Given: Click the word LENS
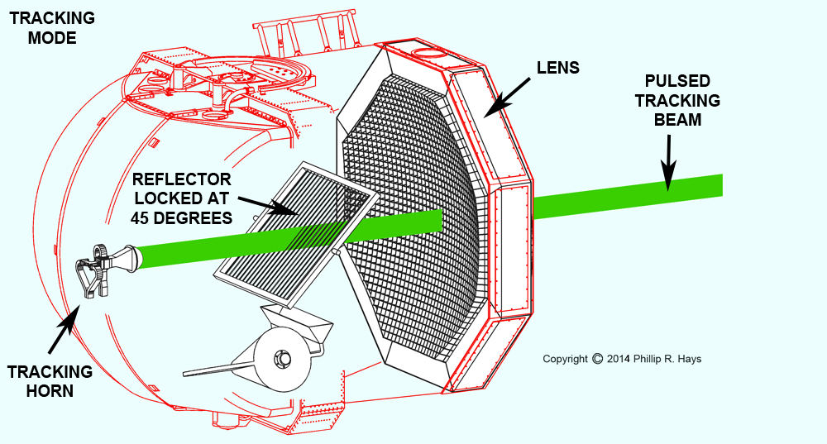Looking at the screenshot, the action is tap(558, 68).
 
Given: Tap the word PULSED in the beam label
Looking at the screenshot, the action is tap(677, 81).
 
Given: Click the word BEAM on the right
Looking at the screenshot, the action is tap(678, 120).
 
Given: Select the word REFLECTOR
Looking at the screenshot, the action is tap(181, 179).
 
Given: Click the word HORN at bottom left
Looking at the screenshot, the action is tap(50, 391).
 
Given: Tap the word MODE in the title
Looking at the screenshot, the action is tap(52, 38).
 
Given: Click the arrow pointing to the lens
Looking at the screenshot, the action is tap(508, 98).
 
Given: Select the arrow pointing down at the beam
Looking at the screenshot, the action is tap(668, 163).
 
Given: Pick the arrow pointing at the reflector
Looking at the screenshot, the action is tap(268, 206).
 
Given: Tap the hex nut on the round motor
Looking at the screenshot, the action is tap(283, 359).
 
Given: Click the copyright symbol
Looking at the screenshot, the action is tap(597, 359).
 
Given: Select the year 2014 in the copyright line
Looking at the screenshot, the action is tap(618, 359).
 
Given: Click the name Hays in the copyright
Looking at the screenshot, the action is tap(690, 360).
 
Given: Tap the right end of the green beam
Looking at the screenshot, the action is tap(722, 185).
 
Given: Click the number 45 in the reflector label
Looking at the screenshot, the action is tap(139, 217).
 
